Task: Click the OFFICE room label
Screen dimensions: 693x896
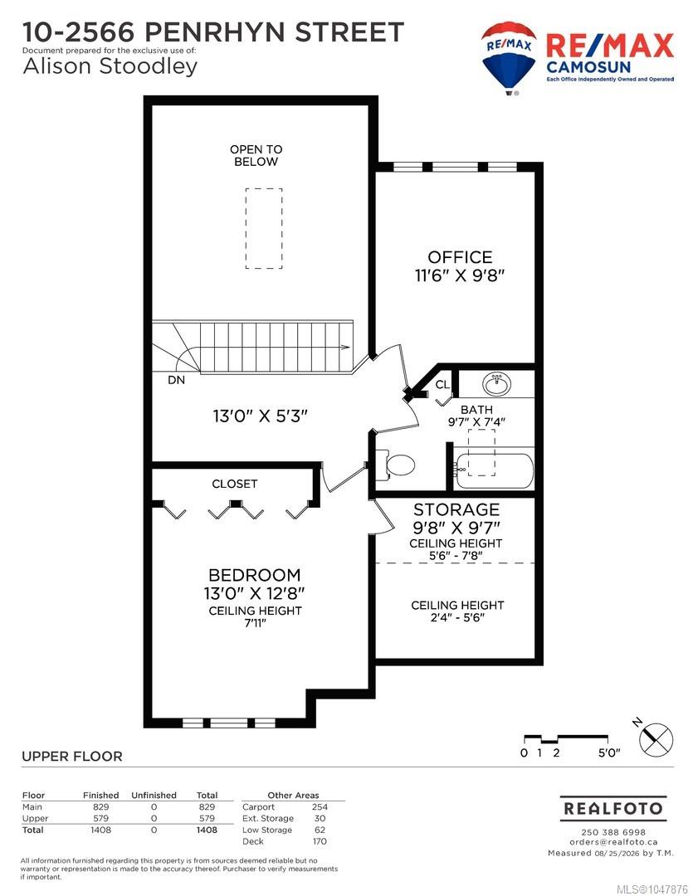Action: (460, 257)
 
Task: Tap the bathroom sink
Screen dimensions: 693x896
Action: (496, 384)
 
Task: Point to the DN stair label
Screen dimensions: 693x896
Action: (176, 379)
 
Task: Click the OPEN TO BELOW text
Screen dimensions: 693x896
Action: (256, 155)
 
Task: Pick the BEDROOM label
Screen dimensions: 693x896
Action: (255, 575)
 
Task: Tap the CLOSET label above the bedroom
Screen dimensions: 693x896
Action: (234, 484)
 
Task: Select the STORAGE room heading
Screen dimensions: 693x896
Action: (456, 509)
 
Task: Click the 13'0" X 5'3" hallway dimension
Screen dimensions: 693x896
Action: (260, 416)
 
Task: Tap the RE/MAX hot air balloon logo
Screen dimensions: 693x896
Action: (509, 57)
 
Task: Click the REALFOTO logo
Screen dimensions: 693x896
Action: (613, 809)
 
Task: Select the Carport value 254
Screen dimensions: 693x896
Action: (320, 807)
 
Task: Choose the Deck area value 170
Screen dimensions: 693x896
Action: (320, 841)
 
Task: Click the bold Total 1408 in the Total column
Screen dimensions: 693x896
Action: (207, 830)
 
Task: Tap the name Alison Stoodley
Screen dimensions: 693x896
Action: (110, 66)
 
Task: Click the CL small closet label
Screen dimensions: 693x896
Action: (442, 385)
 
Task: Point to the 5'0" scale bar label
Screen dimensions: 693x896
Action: (609, 753)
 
